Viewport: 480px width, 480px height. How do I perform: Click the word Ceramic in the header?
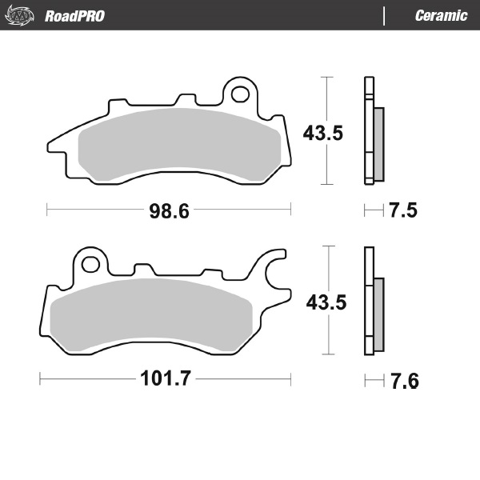(x=441, y=16)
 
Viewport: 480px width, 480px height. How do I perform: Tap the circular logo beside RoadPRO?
(x=22, y=15)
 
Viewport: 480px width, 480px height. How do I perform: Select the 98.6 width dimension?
(x=169, y=211)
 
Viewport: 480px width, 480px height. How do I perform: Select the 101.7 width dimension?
(x=168, y=379)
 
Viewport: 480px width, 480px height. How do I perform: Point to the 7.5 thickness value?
(x=403, y=211)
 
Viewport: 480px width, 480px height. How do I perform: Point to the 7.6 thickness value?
(x=403, y=380)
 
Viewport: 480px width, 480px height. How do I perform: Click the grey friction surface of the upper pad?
(x=179, y=146)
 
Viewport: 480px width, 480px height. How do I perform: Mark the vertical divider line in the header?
(x=386, y=16)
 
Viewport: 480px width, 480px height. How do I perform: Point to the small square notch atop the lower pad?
(x=145, y=270)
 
